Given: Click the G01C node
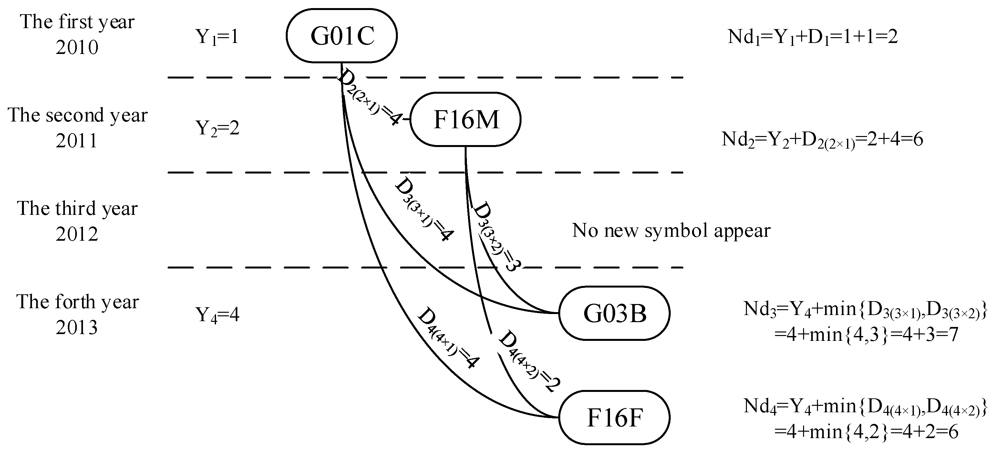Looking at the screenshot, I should click(342, 36).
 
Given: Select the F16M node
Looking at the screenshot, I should click(466, 119).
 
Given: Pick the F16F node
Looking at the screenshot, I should click(615, 417).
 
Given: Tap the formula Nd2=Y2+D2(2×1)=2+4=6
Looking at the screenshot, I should click(822, 140).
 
